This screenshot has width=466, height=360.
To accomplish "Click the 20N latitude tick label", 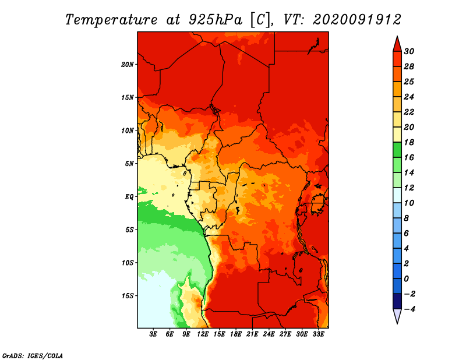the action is tap(128, 65).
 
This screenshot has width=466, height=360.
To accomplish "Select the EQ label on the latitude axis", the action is tap(129, 197).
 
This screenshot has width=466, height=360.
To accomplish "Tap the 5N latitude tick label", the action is tap(129, 164).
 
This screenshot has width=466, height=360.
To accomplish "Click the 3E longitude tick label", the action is tap(153, 334).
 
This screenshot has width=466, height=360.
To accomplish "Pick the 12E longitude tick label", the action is tap(203, 334).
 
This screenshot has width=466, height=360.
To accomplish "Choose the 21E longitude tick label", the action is tap(252, 334).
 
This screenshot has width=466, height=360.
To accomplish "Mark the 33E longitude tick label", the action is tap(318, 334).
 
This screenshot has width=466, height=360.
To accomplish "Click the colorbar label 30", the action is tap(409, 51).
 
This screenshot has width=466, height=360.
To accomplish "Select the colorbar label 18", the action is tap(409, 142).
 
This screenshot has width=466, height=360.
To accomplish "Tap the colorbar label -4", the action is tap(409, 309).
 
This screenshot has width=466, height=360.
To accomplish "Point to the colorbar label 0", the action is tap(407, 279).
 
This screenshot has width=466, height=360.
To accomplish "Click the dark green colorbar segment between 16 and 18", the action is tap(397, 150).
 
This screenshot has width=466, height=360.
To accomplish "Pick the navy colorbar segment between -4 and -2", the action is tap(397, 301).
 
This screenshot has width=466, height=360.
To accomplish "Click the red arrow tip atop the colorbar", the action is tap(397, 37).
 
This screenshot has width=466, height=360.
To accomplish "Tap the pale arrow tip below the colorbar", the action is tap(397, 323).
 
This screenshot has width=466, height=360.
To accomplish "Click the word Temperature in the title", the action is tap(111, 20).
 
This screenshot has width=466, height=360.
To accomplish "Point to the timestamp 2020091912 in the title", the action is tap(357, 20).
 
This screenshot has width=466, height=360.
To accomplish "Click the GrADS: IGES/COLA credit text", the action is tap(33, 356).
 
